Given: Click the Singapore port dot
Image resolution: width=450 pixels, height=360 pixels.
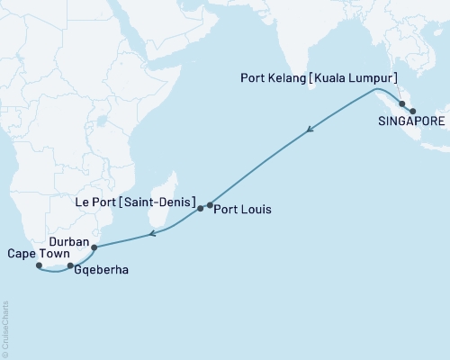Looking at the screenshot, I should (x=413, y=112).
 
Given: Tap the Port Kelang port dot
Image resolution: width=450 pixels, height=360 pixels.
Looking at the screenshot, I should (x=401, y=103).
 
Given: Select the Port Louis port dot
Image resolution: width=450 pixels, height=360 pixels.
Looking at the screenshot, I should (x=210, y=205).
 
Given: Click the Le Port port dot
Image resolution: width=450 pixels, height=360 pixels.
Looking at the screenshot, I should (x=200, y=208).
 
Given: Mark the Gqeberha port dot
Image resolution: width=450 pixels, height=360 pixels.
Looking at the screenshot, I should (x=71, y=265).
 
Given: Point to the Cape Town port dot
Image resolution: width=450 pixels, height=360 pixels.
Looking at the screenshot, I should (x=39, y=265).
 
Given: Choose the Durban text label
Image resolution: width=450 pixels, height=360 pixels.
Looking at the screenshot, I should (x=68, y=242).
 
